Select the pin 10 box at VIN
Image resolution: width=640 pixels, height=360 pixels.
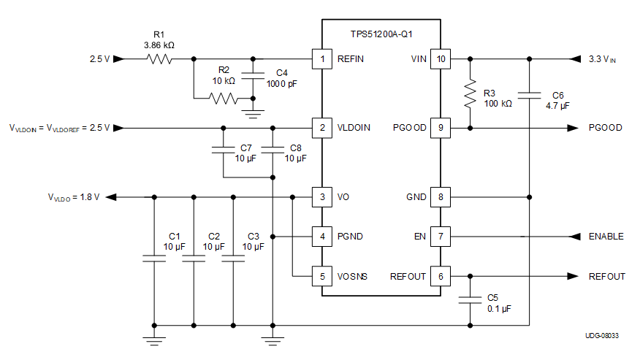(x=440, y=59)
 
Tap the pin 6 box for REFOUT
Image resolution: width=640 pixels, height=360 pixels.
(x=440, y=277)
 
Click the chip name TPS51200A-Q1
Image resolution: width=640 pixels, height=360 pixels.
(x=381, y=34)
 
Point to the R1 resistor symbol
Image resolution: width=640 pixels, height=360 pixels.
(x=159, y=59)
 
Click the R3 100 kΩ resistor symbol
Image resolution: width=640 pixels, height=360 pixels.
(x=469, y=93)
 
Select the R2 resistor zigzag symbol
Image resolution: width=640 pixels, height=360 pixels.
(x=223, y=98)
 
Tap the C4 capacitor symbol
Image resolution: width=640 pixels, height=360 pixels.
(x=253, y=74)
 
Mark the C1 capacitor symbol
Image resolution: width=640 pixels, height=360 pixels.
(x=154, y=258)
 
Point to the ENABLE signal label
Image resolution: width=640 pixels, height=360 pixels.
(x=606, y=237)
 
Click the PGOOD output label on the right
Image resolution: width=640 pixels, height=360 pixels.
(x=605, y=128)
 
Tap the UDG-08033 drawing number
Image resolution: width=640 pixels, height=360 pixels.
(x=602, y=335)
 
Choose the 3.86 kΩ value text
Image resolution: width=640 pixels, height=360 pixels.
(x=159, y=45)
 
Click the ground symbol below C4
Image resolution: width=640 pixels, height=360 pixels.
(x=253, y=112)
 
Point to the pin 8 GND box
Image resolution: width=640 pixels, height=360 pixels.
(x=440, y=197)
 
